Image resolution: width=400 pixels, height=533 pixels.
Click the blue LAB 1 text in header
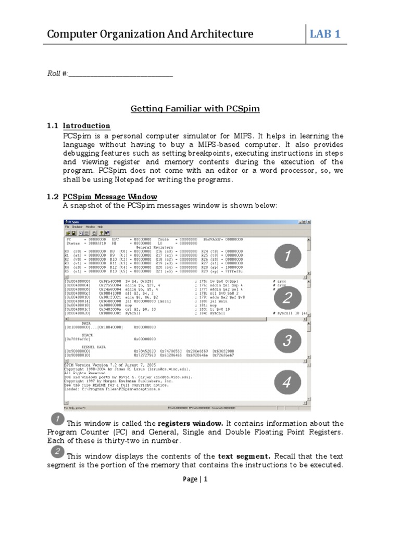click(x=326, y=34)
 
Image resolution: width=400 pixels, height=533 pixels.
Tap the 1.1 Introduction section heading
click(x=86, y=125)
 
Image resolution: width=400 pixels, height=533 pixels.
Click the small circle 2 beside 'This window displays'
click(x=58, y=452)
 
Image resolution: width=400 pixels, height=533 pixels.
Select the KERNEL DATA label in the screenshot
click(x=86, y=347)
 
